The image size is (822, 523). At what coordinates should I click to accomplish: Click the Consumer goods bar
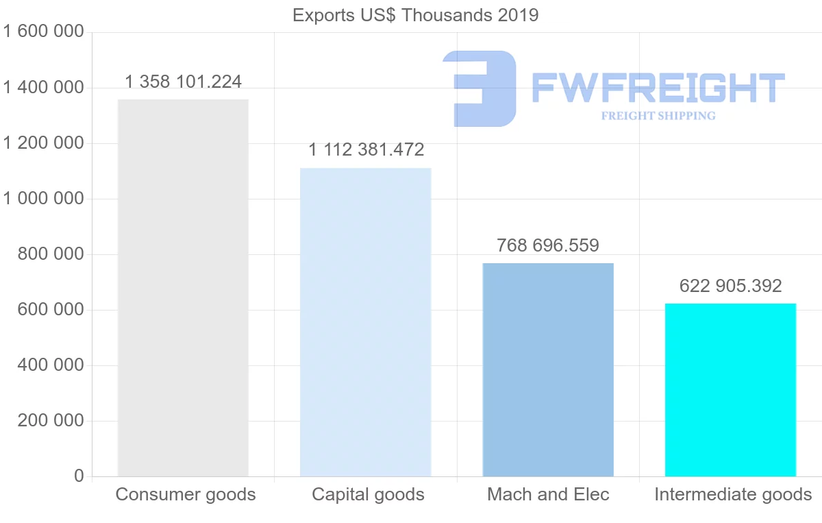(183, 288)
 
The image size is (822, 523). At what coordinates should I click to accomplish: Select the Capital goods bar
(366, 322)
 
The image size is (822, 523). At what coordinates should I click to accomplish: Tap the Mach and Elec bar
(548, 369)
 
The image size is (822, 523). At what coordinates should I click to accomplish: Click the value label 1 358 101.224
(184, 82)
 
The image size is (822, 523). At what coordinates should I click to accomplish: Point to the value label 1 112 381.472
(366, 149)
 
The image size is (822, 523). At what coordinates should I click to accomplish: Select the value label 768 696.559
(548, 245)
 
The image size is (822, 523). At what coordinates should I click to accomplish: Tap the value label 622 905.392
(730, 286)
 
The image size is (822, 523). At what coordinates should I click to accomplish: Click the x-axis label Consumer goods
(186, 494)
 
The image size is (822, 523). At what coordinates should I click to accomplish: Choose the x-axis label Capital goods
(368, 494)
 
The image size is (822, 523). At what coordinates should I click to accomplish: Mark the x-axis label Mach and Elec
(548, 494)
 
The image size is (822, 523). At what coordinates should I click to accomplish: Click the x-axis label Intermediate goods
(733, 494)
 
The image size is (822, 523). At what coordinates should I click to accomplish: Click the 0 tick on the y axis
(79, 476)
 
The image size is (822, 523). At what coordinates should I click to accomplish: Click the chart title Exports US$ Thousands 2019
(416, 15)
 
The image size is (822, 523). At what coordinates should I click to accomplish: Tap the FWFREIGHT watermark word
(658, 88)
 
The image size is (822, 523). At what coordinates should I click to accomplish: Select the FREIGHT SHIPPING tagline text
(658, 116)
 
